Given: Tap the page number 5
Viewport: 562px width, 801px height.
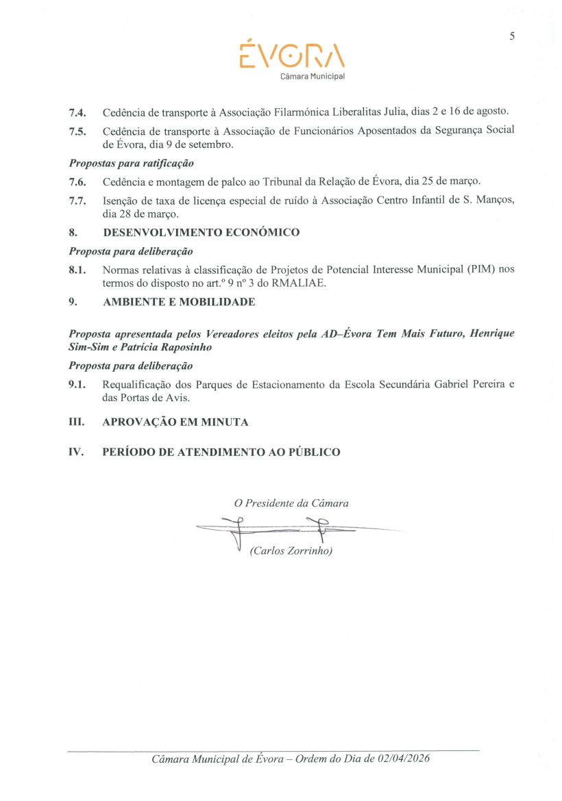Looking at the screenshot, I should tap(511, 36).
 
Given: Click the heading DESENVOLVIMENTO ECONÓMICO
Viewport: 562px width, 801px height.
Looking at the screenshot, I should tap(201, 233).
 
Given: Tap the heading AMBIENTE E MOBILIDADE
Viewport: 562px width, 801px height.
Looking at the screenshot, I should tap(179, 302).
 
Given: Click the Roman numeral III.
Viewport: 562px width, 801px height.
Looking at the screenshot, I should tap(76, 422).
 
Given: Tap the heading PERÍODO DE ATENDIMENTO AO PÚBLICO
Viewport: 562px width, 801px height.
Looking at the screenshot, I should tap(221, 453).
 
